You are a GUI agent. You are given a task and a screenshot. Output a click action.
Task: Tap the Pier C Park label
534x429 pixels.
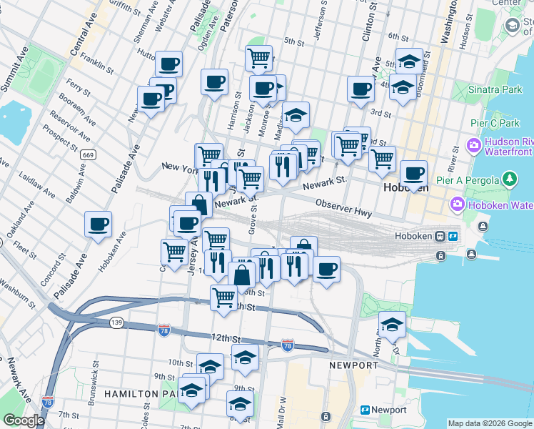coord(490,122)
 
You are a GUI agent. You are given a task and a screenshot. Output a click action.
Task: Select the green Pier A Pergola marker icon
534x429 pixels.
coord(510,177)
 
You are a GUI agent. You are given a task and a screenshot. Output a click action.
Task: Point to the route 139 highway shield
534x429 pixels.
coord(116,323)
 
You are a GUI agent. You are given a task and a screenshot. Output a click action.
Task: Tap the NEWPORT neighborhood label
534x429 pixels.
coord(353,365)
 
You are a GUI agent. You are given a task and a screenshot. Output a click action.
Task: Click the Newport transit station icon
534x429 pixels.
coord(365,410)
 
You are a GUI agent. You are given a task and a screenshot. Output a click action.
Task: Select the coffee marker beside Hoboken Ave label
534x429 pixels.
coord(98,224)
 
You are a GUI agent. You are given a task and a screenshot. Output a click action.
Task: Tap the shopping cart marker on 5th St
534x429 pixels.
coord(258,57)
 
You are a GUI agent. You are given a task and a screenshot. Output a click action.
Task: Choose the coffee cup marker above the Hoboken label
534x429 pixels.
coord(413,172)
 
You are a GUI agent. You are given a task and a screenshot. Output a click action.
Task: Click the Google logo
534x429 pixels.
coord(24,420)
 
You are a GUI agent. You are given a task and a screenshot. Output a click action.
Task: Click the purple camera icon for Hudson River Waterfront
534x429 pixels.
coord(473,147)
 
